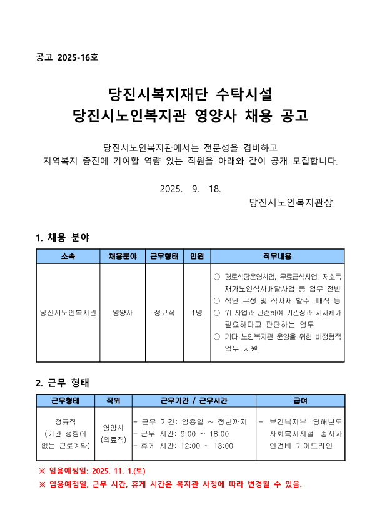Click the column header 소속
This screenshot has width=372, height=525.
(x=68, y=257)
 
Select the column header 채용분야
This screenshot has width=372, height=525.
(x=123, y=257)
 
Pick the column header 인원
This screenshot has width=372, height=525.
(x=196, y=257)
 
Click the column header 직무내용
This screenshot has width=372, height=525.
(x=277, y=257)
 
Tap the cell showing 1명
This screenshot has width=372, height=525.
(x=196, y=313)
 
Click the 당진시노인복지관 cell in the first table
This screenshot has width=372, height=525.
(x=68, y=313)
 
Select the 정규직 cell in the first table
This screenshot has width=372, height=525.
(x=164, y=313)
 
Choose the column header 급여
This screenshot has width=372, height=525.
(x=300, y=401)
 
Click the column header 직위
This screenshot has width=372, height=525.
(x=113, y=401)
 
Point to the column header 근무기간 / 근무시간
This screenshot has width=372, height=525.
(x=193, y=401)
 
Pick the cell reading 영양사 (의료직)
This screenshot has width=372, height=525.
(x=113, y=434)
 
